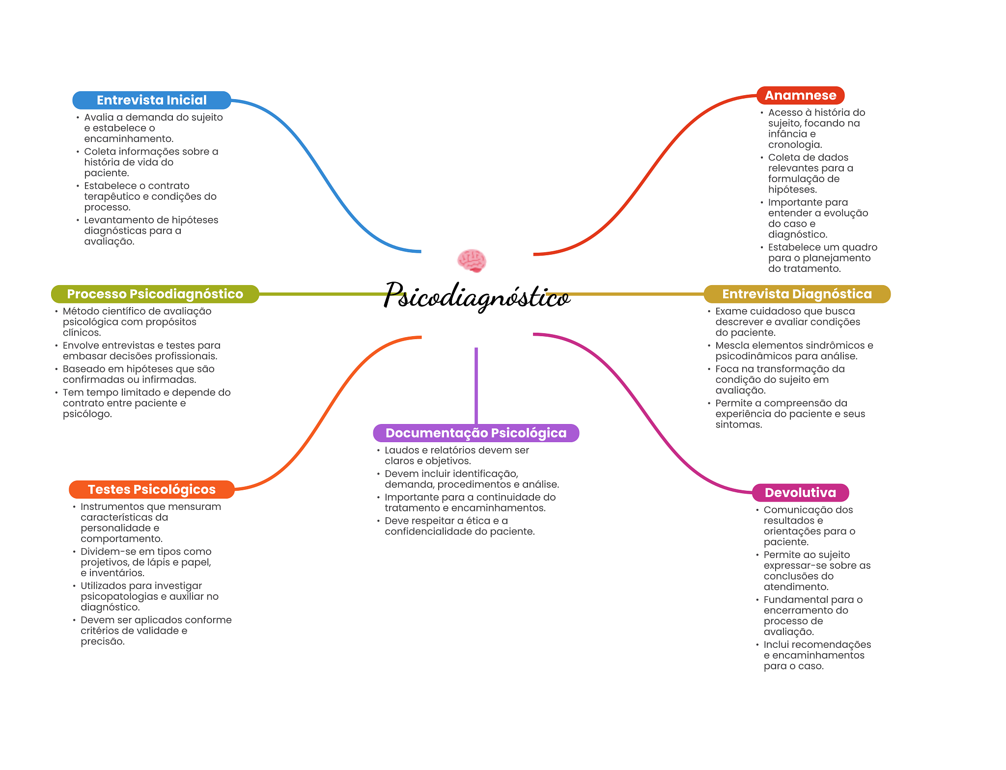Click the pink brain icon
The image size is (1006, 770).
click(x=472, y=260)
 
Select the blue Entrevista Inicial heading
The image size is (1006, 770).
click(x=151, y=100)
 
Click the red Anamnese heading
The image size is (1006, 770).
click(x=800, y=95)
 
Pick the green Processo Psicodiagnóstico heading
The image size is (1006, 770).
click(x=155, y=294)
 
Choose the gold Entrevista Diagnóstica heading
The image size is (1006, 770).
click(x=797, y=294)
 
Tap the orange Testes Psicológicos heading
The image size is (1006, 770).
click(x=151, y=489)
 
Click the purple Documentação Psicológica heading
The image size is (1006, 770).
click(x=476, y=433)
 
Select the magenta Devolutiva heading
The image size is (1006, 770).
click(x=800, y=492)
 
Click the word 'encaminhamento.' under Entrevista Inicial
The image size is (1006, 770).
click(x=129, y=139)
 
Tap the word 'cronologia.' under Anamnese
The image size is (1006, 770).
click(x=795, y=145)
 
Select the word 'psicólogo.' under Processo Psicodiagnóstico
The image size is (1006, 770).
click(x=87, y=414)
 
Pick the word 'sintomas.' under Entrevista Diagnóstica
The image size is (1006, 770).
click(x=738, y=425)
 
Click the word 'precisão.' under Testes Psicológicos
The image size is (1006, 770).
click(x=103, y=641)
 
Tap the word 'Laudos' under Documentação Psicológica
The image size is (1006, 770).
click(x=398, y=450)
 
